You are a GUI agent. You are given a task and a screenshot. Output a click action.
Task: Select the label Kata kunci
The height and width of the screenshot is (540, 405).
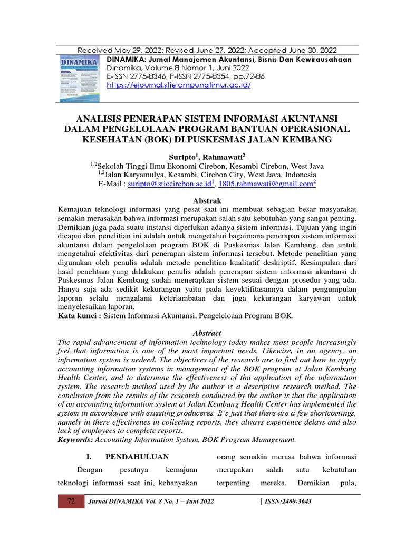click(79, 316)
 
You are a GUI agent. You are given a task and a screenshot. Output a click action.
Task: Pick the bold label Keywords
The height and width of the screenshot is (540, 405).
click(78, 439)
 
